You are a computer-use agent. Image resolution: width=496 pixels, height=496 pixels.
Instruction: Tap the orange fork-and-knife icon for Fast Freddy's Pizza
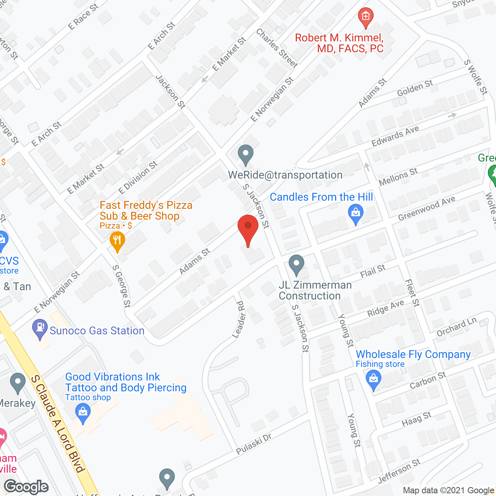click(x=117, y=241)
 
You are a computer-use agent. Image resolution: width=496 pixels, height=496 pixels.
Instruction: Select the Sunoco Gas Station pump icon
click(x=40, y=328)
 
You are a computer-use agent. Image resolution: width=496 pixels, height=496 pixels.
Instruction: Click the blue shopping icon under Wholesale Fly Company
click(x=373, y=379)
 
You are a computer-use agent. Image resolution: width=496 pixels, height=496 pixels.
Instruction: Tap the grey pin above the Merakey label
click(x=17, y=382)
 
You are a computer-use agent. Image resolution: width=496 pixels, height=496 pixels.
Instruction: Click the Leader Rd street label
click(x=240, y=319)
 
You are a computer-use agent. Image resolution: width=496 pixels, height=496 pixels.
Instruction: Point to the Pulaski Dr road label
click(x=254, y=444)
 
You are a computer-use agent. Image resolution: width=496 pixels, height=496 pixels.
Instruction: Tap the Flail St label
click(x=373, y=271)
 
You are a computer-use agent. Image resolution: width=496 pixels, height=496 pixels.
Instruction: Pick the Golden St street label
click(x=415, y=88)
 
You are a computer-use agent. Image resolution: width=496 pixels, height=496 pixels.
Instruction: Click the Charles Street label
click(x=277, y=48)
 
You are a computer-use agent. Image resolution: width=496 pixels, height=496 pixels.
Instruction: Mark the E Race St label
click(x=83, y=17)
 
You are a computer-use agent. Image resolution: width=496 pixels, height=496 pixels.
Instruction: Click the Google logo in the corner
click(x=26, y=487)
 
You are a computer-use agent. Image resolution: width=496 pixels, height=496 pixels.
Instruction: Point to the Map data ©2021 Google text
click(x=448, y=491)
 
